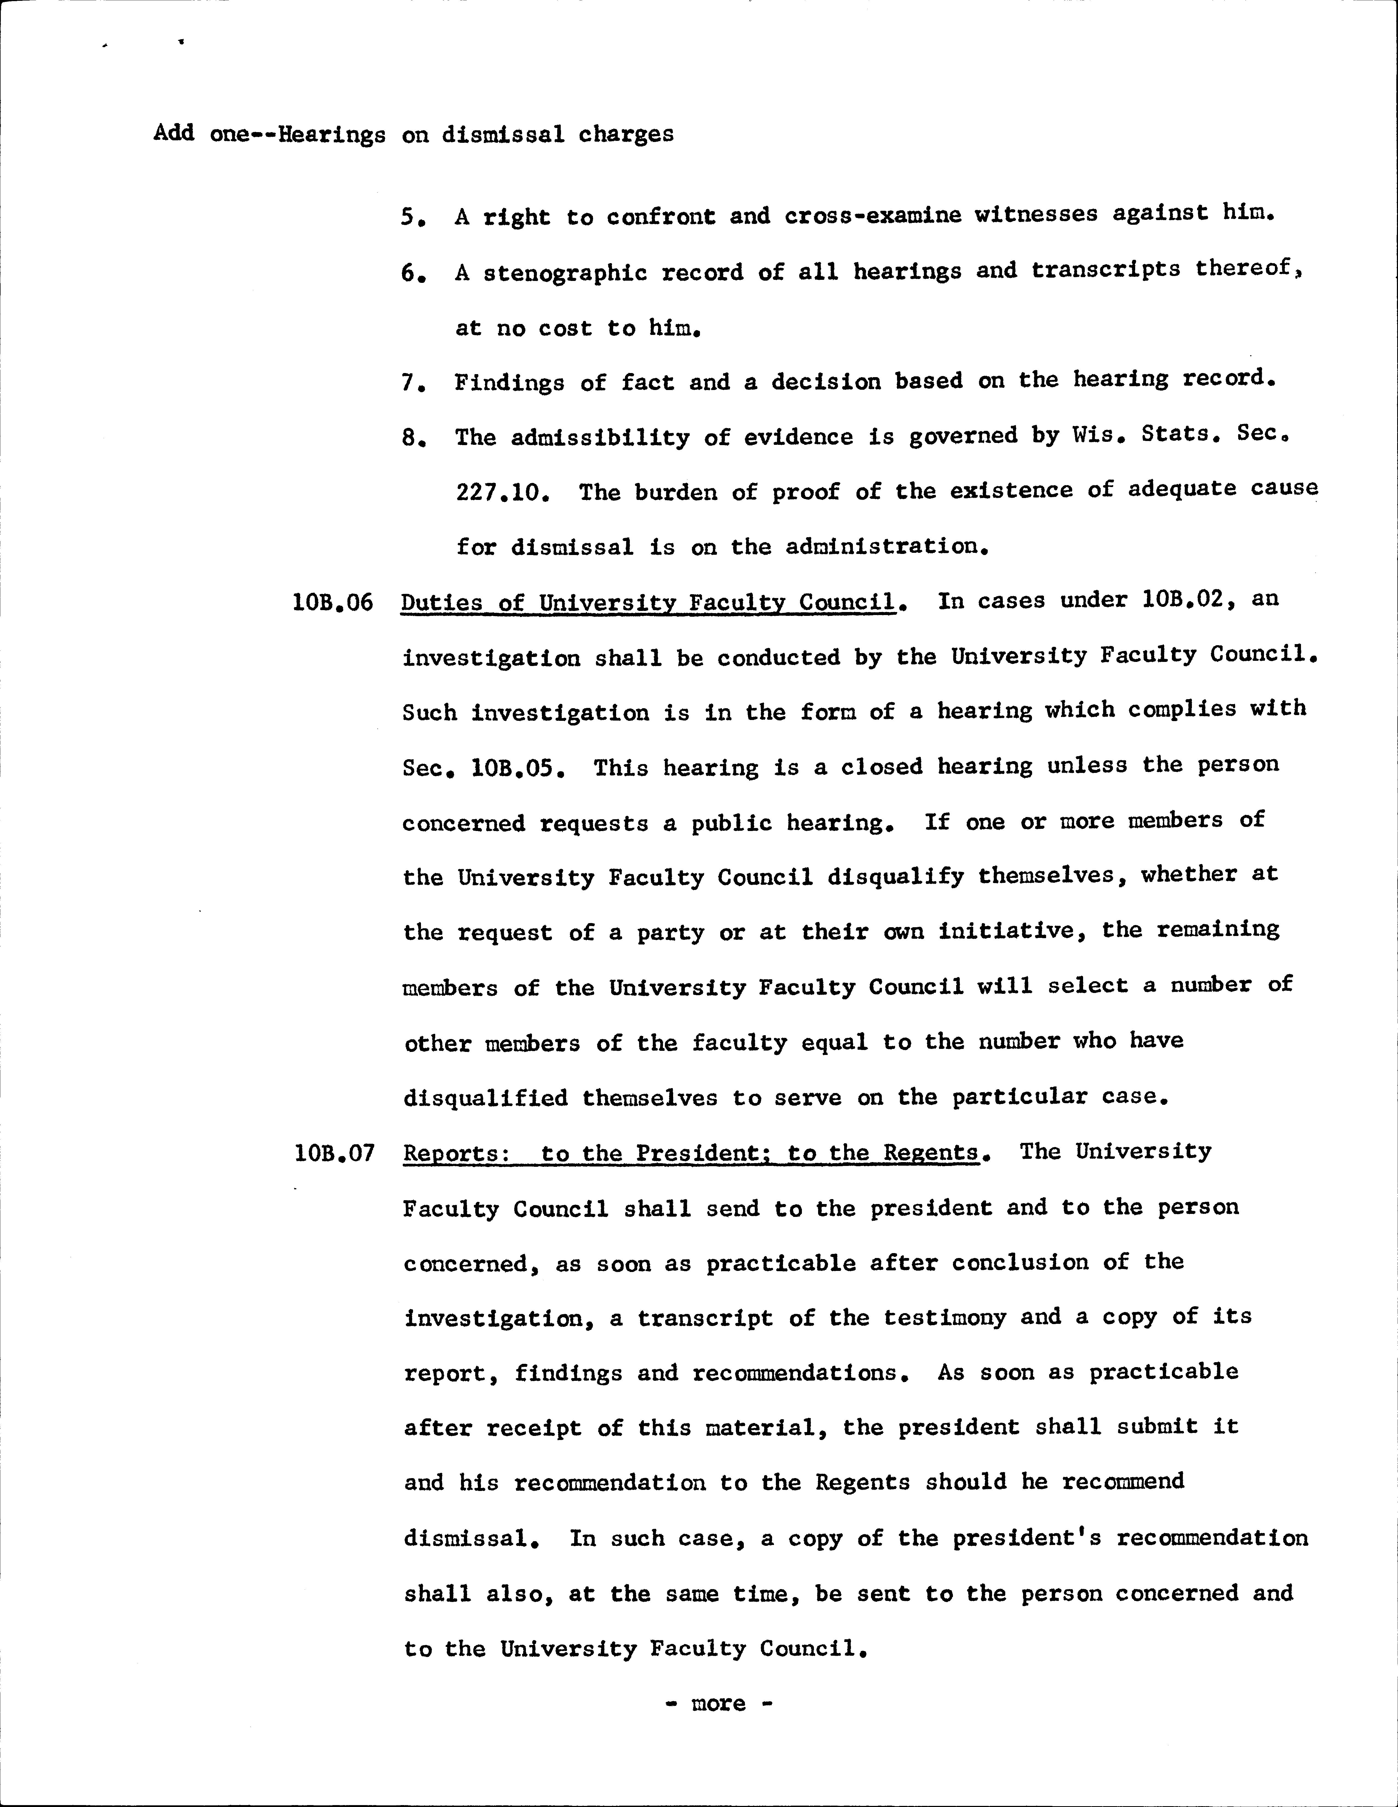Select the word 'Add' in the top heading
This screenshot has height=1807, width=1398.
[x=174, y=133]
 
